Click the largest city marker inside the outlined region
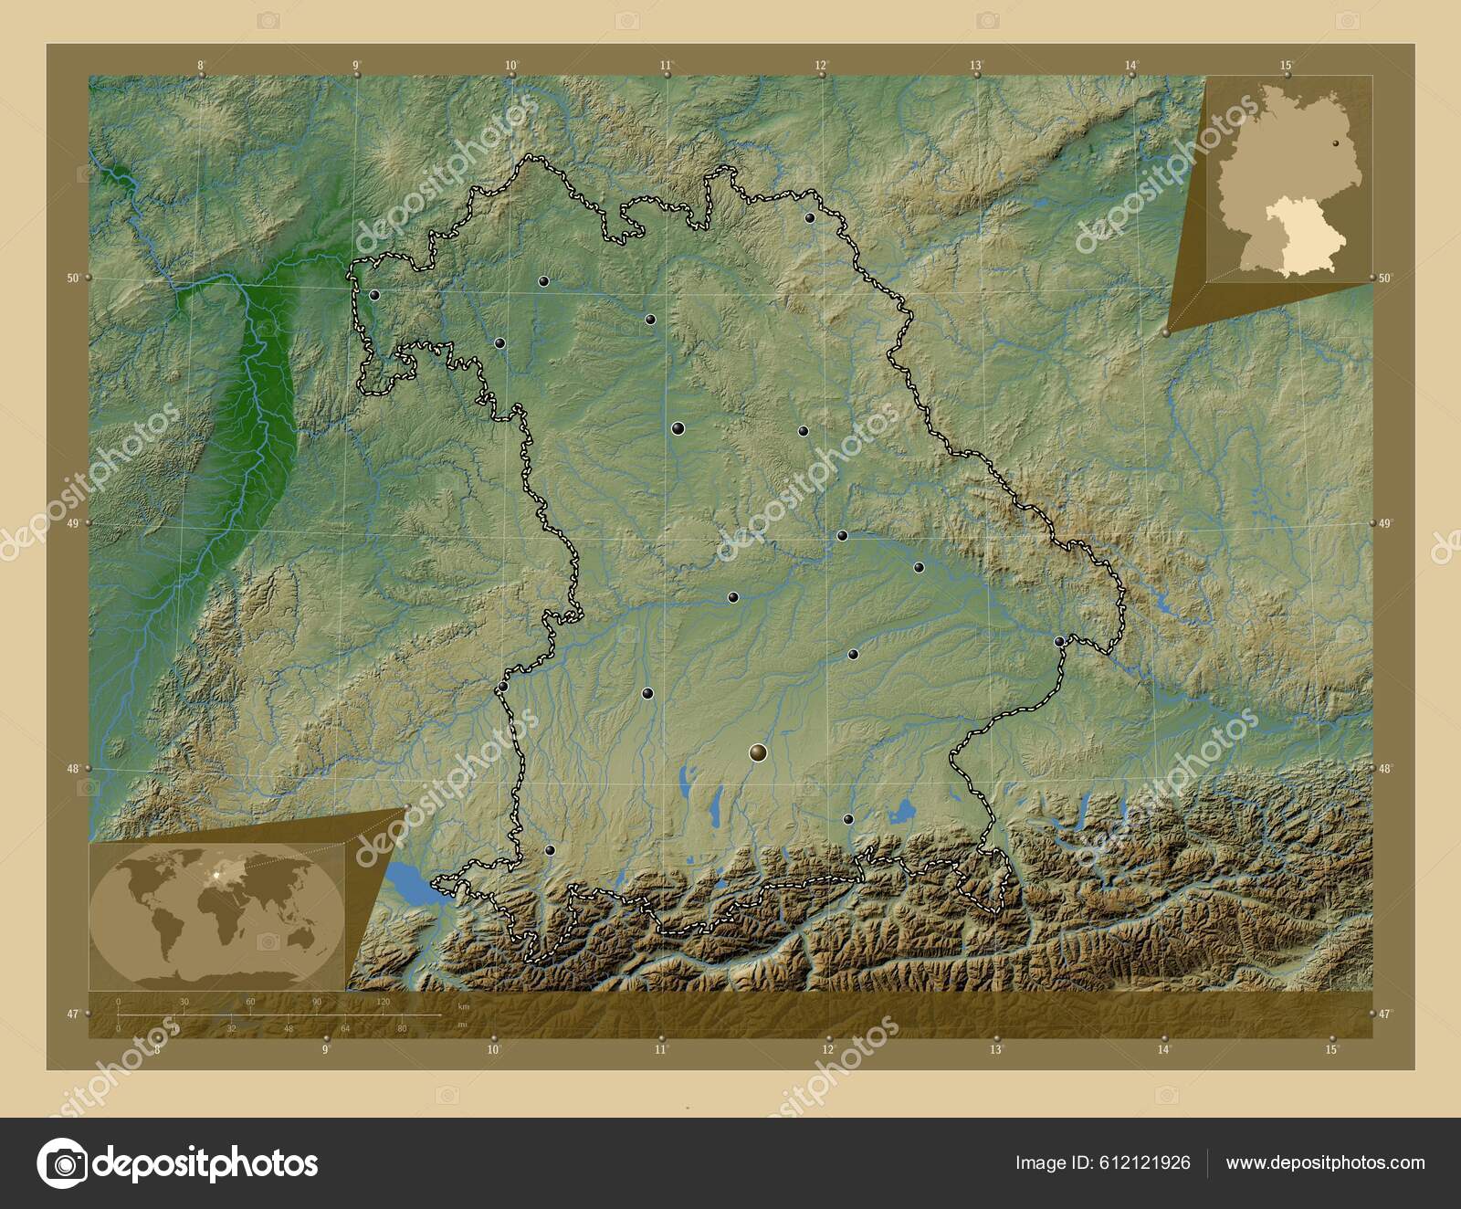[757, 752]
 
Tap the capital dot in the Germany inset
[1335, 142]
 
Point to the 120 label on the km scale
[384, 1002]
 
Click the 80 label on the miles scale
[402, 1028]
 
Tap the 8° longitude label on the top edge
[200, 65]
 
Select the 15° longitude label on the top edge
[1286, 65]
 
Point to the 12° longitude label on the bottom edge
[827, 1050]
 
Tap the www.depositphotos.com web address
[1325, 1162]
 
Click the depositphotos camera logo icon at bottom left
[61, 1163]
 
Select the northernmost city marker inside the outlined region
[809, 217]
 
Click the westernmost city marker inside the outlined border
[374, 295]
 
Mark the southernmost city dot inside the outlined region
[550, 849]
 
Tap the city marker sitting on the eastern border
[1059, 641]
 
